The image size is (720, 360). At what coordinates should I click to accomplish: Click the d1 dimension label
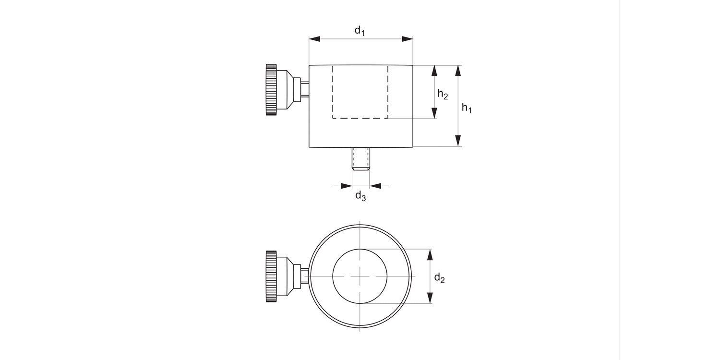(x=360, y=31)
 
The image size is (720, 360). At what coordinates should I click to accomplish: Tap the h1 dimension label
(x=467, y=108)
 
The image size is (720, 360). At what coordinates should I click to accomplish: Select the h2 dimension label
(x=443, y=95)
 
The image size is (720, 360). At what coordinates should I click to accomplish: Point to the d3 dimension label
(x=360, y=196)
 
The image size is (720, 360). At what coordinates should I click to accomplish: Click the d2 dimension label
(x=439, y=277)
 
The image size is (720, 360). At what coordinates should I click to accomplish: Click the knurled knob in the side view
(x=271, y=90)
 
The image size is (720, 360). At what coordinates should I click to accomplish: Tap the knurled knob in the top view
(x=271, y=276)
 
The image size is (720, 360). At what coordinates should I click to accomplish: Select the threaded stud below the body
(x=360, y=158)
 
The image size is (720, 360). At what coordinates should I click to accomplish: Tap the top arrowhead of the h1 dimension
(x=458, y=71)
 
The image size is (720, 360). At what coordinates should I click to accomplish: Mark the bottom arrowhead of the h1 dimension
(x=458, y=141)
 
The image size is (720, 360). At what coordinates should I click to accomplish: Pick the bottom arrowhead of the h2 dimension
(x=435, y=113)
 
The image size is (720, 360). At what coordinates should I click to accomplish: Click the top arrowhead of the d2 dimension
(x=430, y=254)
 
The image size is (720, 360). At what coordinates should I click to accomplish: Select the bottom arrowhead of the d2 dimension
(x=430, y=298)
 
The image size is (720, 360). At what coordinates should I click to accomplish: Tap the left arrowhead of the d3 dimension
(x=347, y=185)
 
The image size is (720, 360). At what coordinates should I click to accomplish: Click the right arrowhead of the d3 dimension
(x=375, y=185)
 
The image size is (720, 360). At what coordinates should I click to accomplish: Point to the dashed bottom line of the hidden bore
(x=360, y=118)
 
